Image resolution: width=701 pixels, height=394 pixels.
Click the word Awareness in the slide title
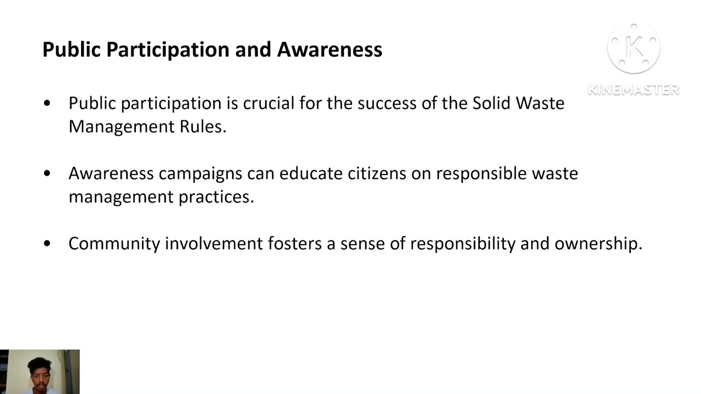329,49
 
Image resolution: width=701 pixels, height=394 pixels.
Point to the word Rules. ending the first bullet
203,126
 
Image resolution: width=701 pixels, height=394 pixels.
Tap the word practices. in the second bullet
216,197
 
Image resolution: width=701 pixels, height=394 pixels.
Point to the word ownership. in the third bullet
598,244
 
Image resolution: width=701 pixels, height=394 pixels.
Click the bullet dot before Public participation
47,103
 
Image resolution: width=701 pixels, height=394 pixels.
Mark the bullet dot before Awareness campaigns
47,173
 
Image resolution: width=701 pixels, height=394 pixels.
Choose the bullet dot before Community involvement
47,244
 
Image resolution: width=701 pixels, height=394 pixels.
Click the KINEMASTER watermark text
633,90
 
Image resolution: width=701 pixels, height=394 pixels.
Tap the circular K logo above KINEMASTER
634,49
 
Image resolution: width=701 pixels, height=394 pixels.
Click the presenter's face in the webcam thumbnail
39,374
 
